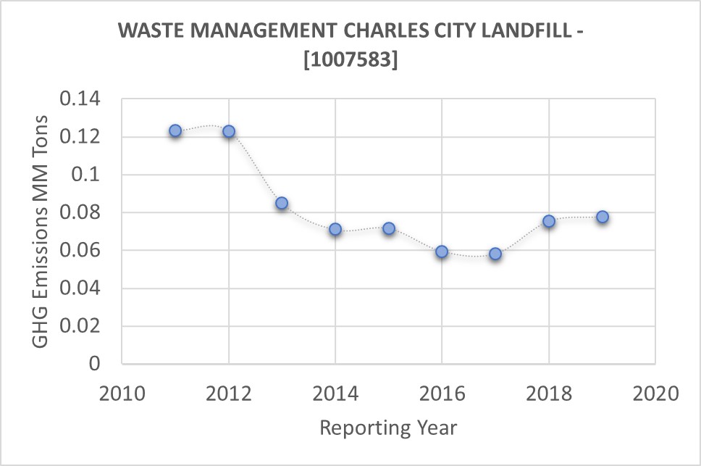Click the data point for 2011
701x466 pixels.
click(x=175, y=131)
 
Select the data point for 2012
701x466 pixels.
click(x=229, y=131)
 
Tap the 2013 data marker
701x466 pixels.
click(x=282, y=204)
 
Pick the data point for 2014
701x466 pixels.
click(x=335, y=229)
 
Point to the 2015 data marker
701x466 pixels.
click(x=389, y=228)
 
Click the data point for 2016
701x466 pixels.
click(x=442, y=251)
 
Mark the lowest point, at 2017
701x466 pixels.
click(x=495, y=254)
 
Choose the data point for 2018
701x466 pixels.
click(x=549, y=221)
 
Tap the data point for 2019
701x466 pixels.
click(x=603, y=217)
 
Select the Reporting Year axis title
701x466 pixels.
click(x=389, y=428)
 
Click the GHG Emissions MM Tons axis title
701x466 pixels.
click(x=43, y=230)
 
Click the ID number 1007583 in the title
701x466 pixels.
click(x=350, y=60)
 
